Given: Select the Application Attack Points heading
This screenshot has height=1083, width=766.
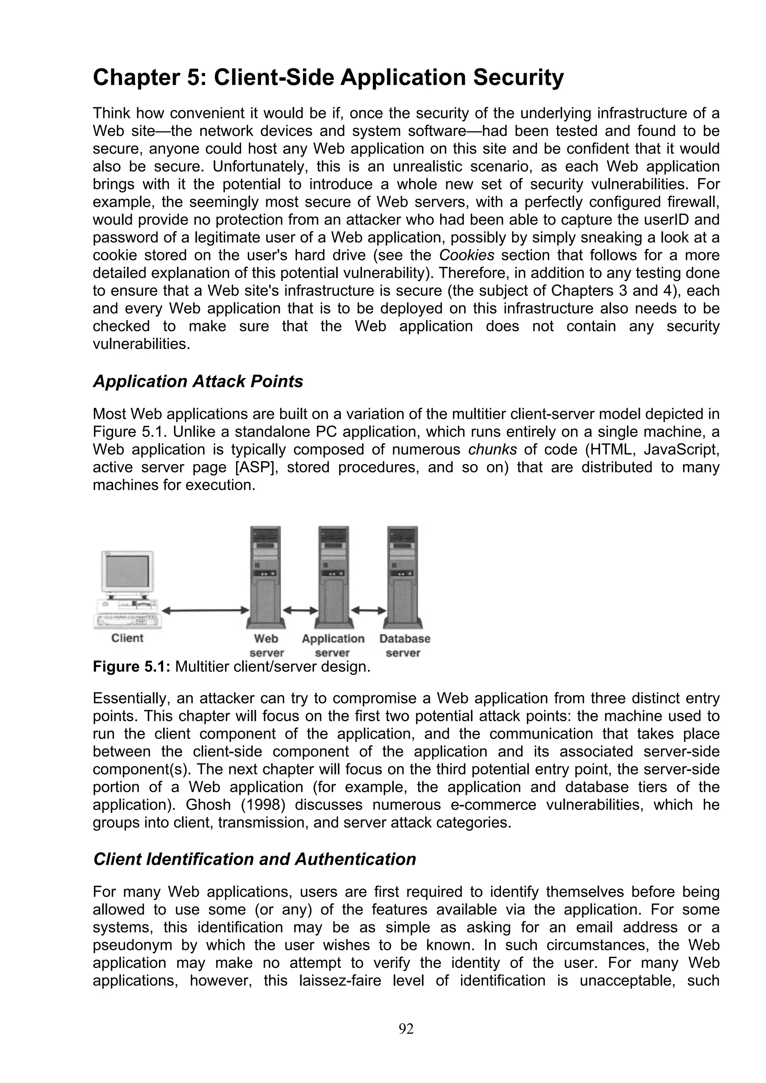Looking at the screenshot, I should [198, 381].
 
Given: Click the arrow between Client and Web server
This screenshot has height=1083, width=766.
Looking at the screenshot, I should [205, 610].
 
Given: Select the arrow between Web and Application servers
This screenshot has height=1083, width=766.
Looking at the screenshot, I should [300, 610].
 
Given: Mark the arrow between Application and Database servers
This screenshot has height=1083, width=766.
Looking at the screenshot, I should [369, 610].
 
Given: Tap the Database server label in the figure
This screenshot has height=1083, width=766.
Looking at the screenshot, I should [404, 646].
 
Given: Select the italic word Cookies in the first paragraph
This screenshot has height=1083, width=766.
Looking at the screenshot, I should [466, 256].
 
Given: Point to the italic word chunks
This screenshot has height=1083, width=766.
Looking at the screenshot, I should [492, 450].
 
